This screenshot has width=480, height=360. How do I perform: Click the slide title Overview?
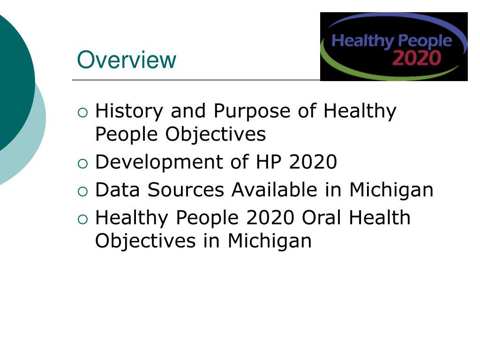[127, 60]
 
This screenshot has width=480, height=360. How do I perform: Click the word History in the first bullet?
[128, 111]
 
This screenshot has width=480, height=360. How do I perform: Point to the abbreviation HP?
[269, 162]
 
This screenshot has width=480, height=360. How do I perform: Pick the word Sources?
[186, 190]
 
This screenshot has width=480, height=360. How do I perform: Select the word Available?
[274, 190]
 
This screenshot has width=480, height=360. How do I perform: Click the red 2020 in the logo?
[417, 58]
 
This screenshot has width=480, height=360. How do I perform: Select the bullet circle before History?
[82, 112]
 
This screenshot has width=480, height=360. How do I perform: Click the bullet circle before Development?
[82, 163]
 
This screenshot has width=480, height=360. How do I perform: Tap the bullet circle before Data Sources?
[82, 191]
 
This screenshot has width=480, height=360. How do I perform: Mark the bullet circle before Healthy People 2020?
[82, 218]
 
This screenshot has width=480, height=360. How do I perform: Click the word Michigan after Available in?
[391, 190]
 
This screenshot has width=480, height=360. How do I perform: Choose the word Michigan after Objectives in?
[270, 241]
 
